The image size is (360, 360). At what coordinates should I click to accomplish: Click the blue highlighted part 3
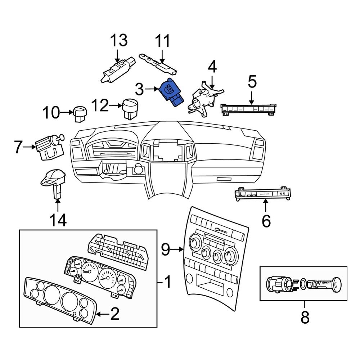[x=171, y=93]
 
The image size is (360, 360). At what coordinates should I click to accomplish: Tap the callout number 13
[x=118, y=41]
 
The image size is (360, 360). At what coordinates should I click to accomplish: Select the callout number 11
[x=162, y=42]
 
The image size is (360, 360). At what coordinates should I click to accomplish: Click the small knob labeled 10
[x=80, y=113]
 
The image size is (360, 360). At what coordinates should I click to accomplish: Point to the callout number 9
[x=165, y=249]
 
